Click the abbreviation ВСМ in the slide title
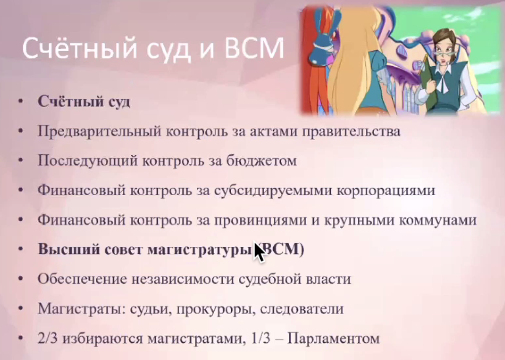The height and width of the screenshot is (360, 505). (254, 48)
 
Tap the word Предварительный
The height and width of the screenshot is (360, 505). (100, 131)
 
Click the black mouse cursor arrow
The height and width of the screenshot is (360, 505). (259, 252)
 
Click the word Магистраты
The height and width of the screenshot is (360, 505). (81, 309)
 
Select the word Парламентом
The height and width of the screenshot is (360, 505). (333, 338)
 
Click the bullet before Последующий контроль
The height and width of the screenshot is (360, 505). (21, 161)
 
